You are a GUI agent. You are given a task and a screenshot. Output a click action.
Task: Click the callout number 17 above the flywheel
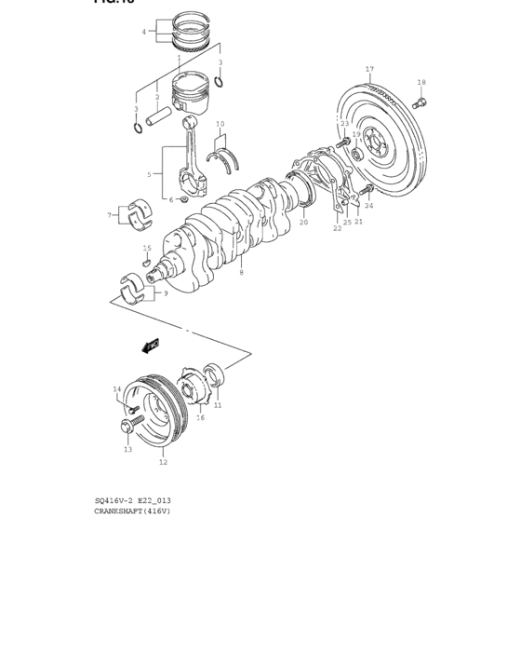click(x=369, y=70)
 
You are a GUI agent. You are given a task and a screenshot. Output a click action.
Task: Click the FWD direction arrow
click(x=151, y=346)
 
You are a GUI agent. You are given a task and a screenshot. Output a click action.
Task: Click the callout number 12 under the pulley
click(x=163, y=462)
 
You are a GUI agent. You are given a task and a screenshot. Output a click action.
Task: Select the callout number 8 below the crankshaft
click(x=241, y=272)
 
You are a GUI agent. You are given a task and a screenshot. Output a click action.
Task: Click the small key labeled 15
click(x=146, y=263)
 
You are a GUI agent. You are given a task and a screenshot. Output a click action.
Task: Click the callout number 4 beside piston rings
click(x=143, y=32)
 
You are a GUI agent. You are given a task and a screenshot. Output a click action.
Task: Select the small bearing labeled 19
click(x=356, y=152)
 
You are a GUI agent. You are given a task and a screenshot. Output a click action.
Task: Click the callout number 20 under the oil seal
click(x=303, y=223)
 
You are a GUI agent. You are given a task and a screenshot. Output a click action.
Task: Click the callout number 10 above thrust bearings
click(x=220, y=124)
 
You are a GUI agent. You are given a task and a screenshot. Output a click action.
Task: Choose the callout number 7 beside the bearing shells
click(x=109, y=215)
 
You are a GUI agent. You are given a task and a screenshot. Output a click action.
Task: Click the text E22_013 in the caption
click(x=153, y=501)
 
